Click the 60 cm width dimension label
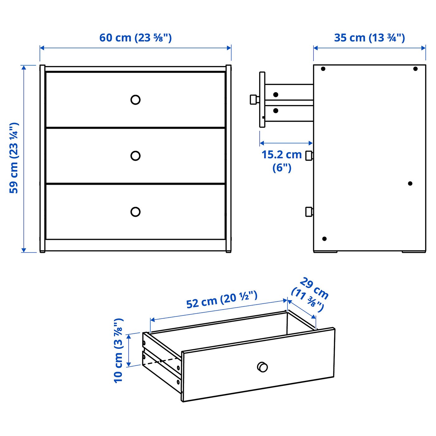[135, 38]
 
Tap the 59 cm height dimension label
[14, 158]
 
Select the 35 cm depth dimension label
[369, 38]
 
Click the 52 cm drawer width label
[222, 300]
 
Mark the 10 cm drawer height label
[119, 350]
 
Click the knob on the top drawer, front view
[135, 100]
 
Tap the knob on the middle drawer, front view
[135, 156]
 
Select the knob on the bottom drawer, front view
[135, 212]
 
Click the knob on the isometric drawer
[263, 367]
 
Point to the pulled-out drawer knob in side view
[254, 100]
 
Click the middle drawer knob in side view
[309, 155]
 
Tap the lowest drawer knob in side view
[309, 212]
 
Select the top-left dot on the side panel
[323, 69]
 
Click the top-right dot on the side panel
[415, 69]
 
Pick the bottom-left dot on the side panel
[324, 239]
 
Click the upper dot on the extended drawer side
[276, 94]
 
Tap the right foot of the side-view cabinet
[414, 252]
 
